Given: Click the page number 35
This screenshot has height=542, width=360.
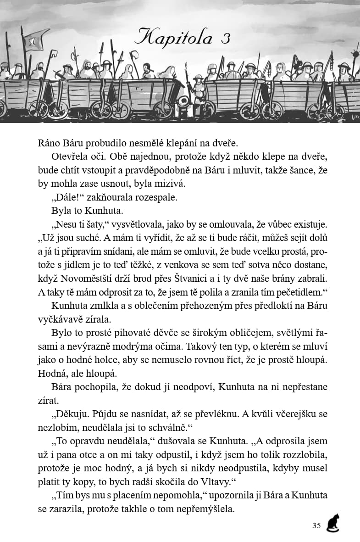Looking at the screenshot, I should (316, 525).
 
